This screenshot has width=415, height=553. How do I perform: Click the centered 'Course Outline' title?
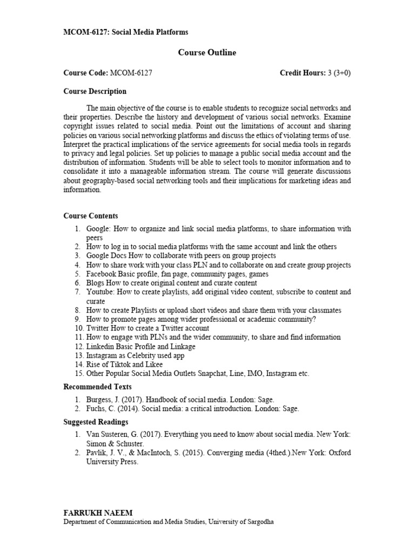pos(207,52)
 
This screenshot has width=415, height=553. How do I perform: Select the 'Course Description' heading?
pos(95,91)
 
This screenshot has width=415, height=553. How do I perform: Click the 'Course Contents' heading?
pos(91,216)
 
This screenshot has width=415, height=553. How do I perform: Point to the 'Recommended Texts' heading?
pos(98,387)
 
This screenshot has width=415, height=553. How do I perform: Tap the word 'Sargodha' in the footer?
pos(261,522)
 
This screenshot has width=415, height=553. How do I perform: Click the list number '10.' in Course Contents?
pos(78,328)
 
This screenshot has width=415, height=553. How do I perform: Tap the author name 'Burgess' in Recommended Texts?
pos(99,400)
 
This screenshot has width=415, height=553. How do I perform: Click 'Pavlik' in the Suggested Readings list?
pos(97,453)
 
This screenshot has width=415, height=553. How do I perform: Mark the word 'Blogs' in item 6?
pos(95,283)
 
